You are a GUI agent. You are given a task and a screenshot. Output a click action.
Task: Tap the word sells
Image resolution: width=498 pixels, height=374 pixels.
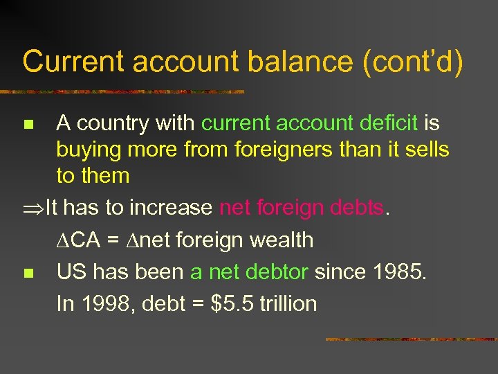click(x=423, y=149)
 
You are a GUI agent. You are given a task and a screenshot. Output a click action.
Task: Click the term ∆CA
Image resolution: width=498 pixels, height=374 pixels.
click(x=78, y=240)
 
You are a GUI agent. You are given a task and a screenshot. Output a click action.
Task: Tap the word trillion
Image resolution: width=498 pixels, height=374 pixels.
click(x=288, y=303)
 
